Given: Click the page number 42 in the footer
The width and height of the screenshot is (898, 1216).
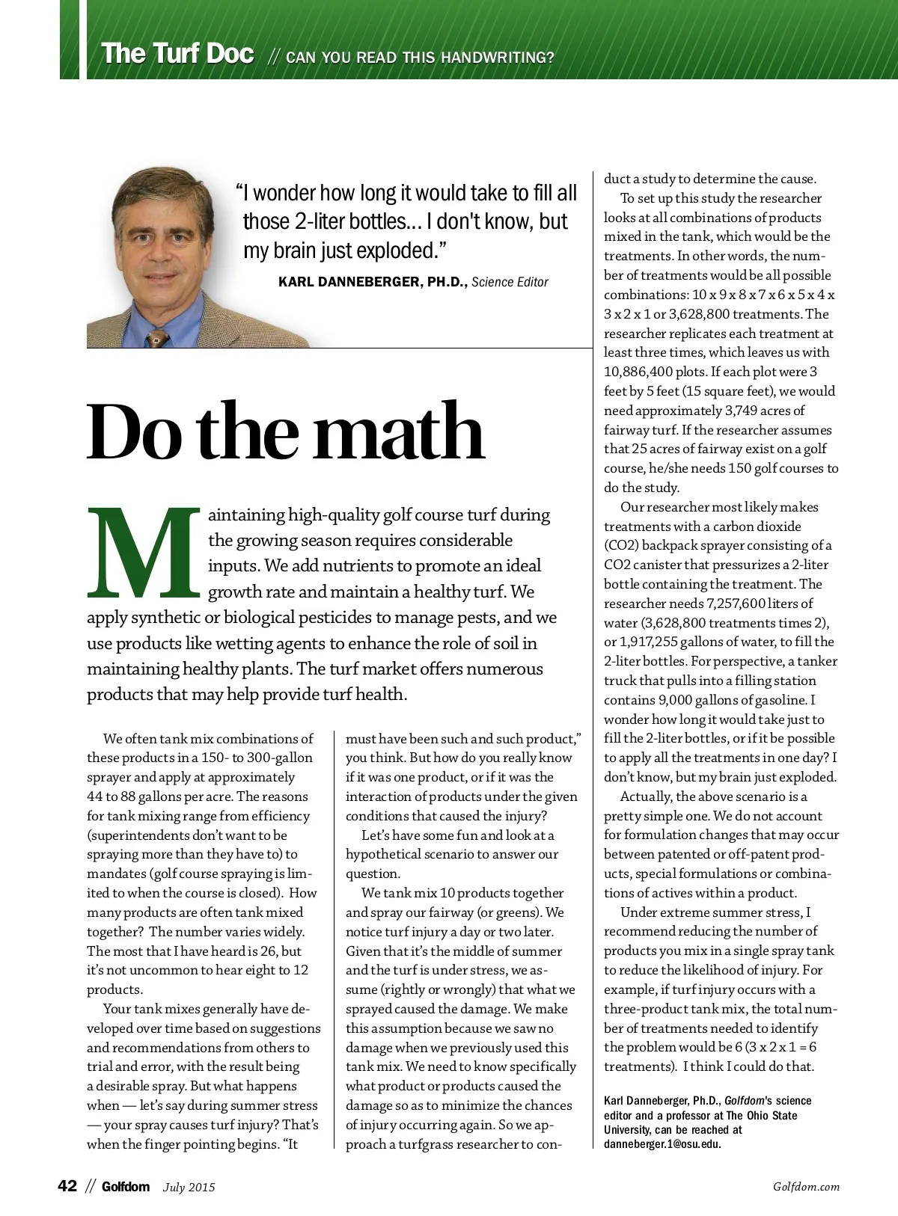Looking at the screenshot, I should (x=67, y=1186).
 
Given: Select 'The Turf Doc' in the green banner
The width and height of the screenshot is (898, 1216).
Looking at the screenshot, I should (x=177, y=54).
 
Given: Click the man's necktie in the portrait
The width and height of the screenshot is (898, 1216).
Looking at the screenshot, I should (x=156, y=339).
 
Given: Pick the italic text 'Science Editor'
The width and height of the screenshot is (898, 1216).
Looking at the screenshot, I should (x=510, y=282).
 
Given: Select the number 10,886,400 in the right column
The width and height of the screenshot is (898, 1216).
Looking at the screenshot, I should (x=638, y=372).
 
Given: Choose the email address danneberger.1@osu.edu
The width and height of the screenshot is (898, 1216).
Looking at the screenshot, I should (x=662, y=1144).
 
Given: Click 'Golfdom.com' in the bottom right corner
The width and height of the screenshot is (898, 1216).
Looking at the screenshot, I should (x=806, y=1187).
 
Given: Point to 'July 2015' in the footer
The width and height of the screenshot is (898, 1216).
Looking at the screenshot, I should (x=189, y=1187).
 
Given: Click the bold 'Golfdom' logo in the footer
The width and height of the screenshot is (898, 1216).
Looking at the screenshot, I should (x=126, y=1187).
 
